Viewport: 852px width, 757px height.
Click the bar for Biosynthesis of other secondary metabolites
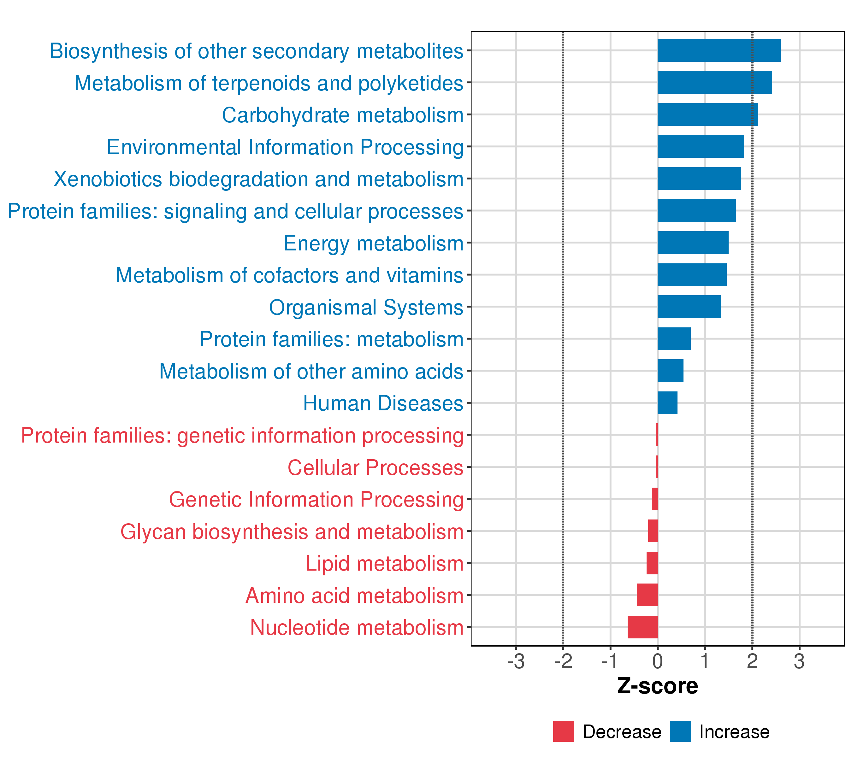point(719,50)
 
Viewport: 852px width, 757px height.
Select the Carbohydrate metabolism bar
point(707,114)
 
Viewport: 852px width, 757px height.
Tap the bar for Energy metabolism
point(693,243)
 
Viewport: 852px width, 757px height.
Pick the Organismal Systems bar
point(689,307)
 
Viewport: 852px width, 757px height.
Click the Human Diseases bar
point(667,403)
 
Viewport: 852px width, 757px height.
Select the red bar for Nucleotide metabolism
point(643,627)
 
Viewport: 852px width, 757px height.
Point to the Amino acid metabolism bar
point(647,595)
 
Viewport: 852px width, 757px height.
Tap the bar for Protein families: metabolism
point(674,339)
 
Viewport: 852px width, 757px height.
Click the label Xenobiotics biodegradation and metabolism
point(258,179)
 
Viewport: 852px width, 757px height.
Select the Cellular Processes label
point(375,467)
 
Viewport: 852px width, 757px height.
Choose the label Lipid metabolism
point(384,564)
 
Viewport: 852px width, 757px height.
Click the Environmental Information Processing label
point(285,147)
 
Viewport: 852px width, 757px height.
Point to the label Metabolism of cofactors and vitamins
point(289,275)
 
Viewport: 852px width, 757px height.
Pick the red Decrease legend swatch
point(564,731)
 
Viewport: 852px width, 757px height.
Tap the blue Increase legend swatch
point(680,731)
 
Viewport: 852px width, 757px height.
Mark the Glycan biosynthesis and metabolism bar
point(653,531)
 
